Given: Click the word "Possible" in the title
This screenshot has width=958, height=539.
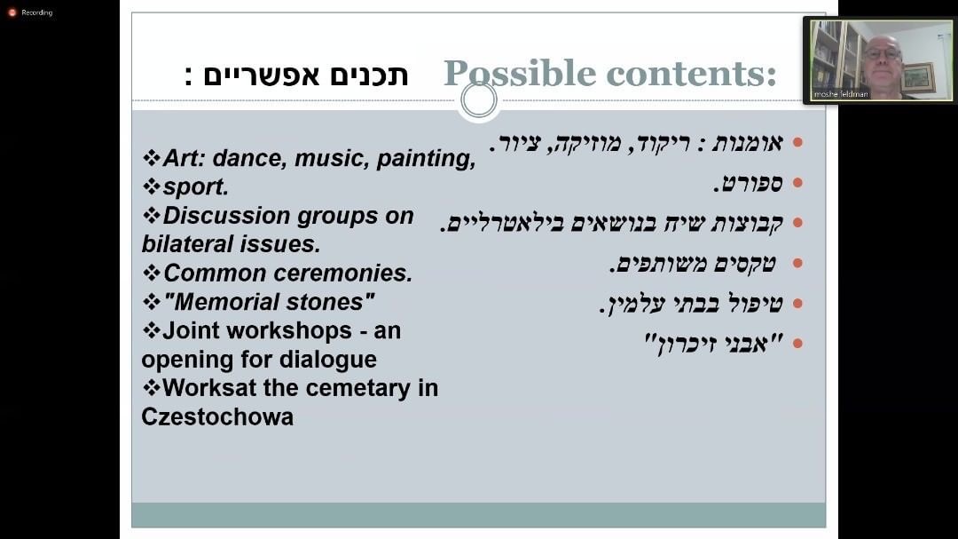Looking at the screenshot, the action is coord(519,74).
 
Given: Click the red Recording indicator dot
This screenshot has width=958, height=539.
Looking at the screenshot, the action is coord(12,12).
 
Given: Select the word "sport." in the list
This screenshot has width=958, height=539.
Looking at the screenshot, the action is coord(195,186).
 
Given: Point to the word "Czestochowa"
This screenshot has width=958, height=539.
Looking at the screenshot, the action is coord(217,416).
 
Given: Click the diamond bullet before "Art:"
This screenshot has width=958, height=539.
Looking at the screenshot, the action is coord(152,158).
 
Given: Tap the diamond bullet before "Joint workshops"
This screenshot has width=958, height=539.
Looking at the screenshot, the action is coord(152,330).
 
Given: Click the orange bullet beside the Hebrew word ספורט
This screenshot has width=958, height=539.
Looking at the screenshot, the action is coord(797,183).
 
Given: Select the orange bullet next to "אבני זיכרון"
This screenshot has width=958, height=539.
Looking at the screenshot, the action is coord(797,344).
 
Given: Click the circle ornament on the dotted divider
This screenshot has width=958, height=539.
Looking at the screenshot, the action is coord(479,99).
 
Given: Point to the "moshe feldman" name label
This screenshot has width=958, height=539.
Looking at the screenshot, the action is coord(841,94).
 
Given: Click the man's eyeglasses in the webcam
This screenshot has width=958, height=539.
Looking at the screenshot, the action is coord(883,54).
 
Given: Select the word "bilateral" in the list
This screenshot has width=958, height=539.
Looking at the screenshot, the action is coord(189,244).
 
